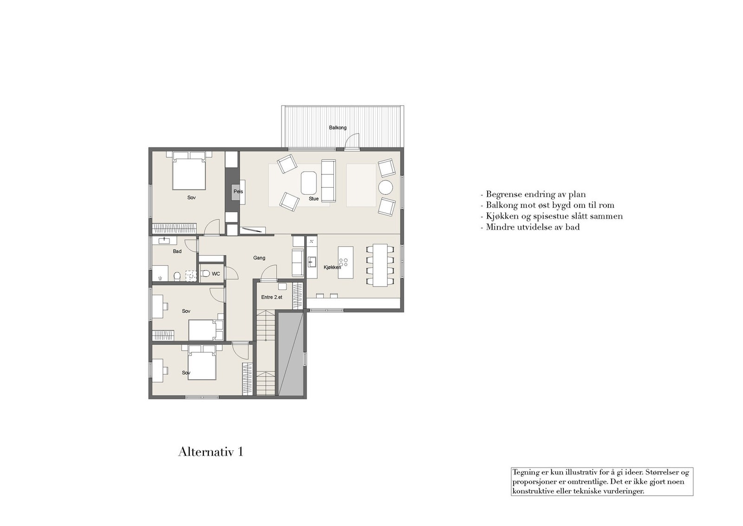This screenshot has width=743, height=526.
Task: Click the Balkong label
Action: point(338,128)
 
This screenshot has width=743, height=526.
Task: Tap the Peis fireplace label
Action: point(238,191)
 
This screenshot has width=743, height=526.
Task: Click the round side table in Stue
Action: point(385,187)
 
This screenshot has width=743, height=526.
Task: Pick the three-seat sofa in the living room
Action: point(328,180)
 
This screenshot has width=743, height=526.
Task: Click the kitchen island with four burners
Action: point(345,262)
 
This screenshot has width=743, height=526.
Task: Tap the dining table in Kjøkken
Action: point(380,264)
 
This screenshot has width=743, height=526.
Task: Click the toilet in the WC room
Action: point(206,274)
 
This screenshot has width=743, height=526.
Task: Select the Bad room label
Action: point(177,251)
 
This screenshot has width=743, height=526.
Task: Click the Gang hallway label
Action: point(259,258)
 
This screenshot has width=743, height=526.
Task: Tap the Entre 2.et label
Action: point(272,297)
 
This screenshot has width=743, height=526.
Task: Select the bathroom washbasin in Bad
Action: point(164,240)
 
